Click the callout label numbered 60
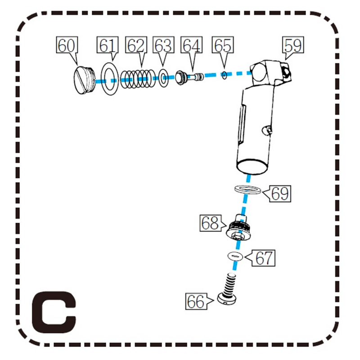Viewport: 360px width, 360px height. coord(67,45)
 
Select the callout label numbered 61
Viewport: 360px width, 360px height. coord(108,45)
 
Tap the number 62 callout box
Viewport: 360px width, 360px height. coord(136,45)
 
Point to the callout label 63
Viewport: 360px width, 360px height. coord(163,45)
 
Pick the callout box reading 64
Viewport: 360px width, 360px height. coord(192,45)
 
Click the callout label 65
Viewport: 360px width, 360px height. coord(223,45)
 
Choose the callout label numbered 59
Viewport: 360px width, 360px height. coord(293,45)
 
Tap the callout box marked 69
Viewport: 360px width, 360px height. coord(280,194)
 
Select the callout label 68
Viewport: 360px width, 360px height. coord(210,223)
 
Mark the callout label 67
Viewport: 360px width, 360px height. coord(264,258)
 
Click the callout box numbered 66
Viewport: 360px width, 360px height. coord(196,301)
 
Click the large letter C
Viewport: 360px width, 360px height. coord(54,312)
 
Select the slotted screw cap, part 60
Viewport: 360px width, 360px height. coord(84,80)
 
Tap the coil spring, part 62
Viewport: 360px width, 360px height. coord(138,79)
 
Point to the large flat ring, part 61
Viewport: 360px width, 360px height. coord(110,78)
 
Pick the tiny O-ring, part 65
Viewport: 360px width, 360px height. coord(224,75)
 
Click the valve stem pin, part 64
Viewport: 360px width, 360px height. coord(189,77)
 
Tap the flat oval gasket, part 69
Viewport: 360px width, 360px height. coord(247,189)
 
